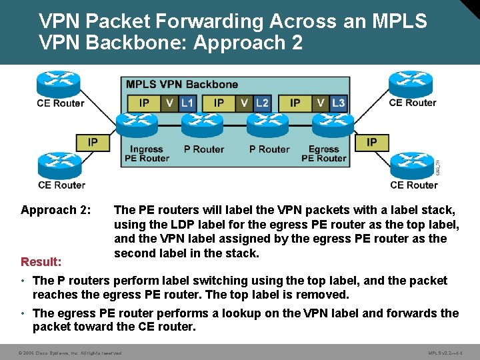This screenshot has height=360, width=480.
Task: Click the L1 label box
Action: click(188, 103)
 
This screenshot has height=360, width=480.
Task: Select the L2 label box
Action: click(263, 103)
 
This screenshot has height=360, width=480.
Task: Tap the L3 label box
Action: click(338, 103)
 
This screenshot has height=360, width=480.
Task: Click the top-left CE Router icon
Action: click(59, 84)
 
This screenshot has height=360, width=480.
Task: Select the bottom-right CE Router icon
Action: click(412, 165)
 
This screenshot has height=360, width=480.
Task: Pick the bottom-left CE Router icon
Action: click(60, 165)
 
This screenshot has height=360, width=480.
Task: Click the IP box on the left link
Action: click(93, 142)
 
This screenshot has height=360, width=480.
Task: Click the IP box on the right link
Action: click(371, 142)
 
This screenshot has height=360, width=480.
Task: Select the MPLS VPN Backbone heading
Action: click(182, 85)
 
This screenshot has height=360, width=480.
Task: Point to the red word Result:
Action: click(41, 262)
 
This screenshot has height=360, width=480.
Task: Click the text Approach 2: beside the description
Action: click(56, 210)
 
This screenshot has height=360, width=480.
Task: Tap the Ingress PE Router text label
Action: click(147, 154)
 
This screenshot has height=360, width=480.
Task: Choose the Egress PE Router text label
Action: click(323, 154)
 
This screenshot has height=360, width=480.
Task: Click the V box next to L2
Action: click(245, 103)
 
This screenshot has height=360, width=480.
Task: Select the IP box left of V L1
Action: click(143, 103)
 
